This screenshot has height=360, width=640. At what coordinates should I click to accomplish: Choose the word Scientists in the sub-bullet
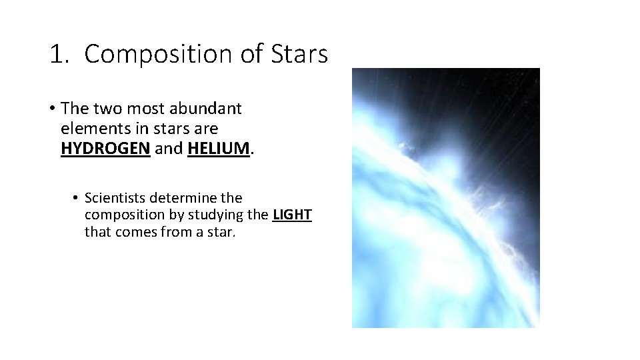pos(117,199)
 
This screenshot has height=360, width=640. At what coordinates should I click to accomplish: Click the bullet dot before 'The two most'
pos(52,108)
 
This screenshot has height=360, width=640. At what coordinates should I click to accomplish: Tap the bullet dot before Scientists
pos(77,199)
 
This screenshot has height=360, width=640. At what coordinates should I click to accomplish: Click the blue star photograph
pos(446,198)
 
